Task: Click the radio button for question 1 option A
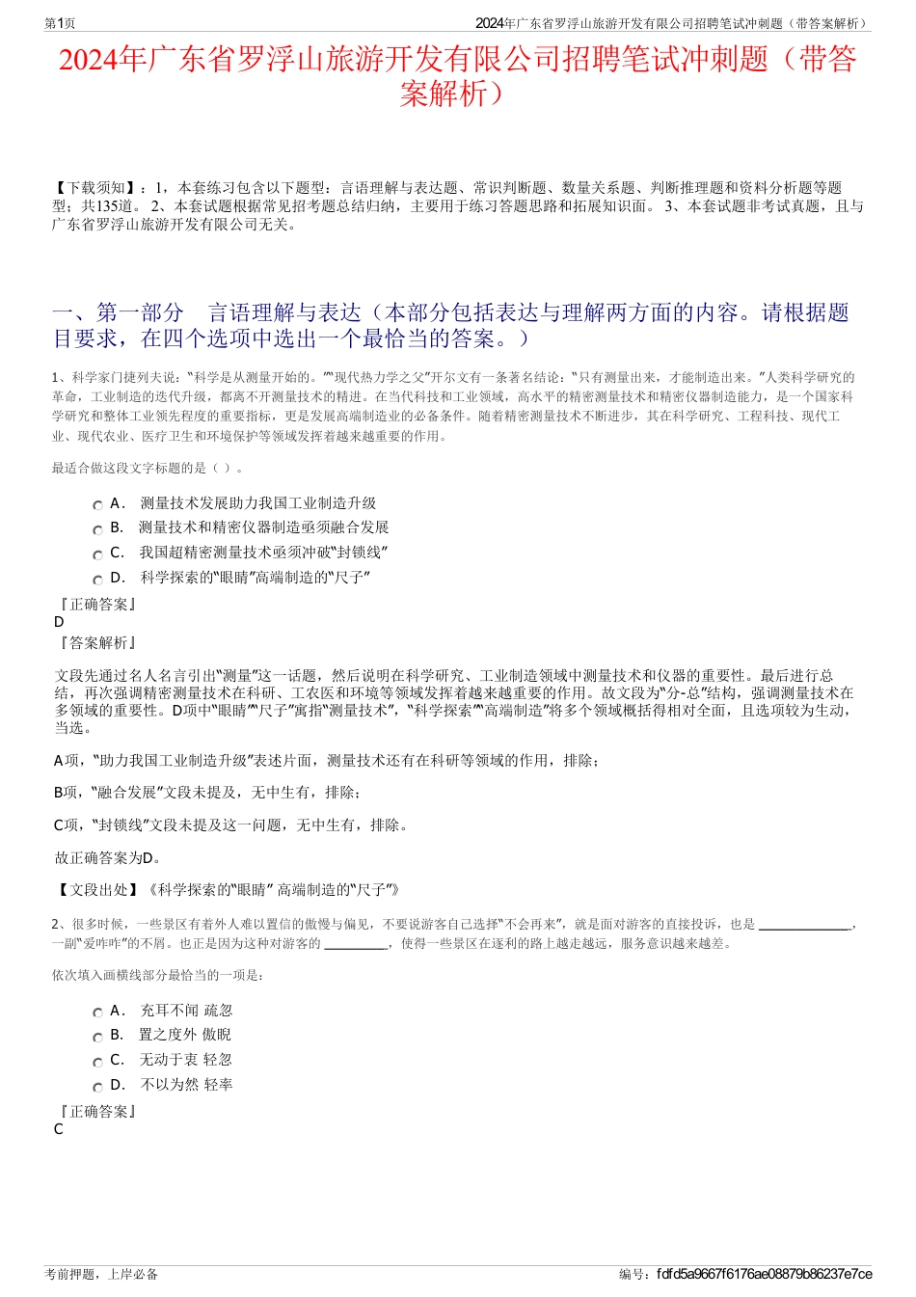[x=97, y=505]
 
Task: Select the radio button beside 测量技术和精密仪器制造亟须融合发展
[x=97, y=529]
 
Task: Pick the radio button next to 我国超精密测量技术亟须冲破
[x=97, y=554]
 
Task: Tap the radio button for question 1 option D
[x=97, y=580]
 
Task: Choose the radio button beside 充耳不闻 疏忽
[x=97, y=1013]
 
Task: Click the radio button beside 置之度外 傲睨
[x=97, y=1037]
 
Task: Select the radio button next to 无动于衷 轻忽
[x=97, y=1062]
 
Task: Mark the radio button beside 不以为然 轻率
[x=97, y=1087]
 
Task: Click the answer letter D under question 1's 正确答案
[x=59, y=622]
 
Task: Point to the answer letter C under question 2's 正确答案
[x=59, y=1129]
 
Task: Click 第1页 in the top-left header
[x=60, y=23]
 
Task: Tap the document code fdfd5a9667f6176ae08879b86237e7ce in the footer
[x=764, y=1274]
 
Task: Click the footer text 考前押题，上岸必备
[x=101, y=1274]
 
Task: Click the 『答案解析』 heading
[x=97, y=643]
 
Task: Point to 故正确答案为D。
[x=108, y=857]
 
